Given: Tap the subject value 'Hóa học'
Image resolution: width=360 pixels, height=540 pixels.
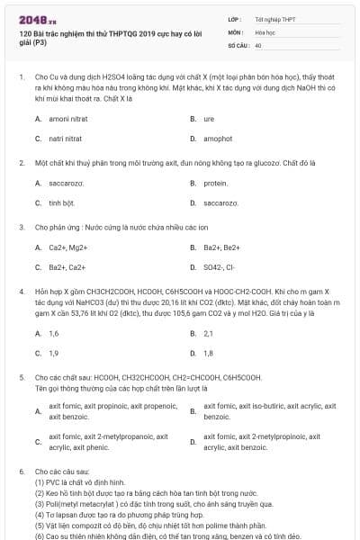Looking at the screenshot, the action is click(x=265, y=31).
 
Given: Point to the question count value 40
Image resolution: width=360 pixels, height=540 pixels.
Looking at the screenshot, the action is click(x=258, y=44).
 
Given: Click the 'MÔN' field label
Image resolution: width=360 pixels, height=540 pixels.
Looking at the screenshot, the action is click(x=235, y=31).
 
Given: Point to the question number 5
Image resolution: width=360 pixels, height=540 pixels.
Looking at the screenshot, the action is click(x=22, y=377).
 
